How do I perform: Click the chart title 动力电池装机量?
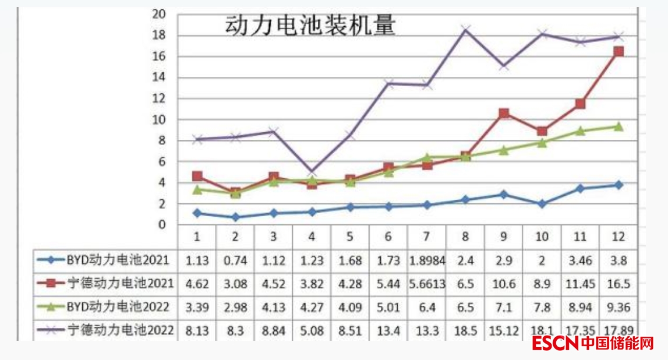pyautogui.click(x=310, y=26)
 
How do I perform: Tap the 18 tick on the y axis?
pyautogui.click(x=160, y=36)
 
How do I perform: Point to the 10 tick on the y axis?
pyautogui.click(x=160, y=120)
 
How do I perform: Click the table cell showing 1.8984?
pyautogui.click(x=427, y=260)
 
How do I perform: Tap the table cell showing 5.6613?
pyautogui.click(x=427, y=284)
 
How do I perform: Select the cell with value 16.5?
pyautogui.click(x=618, y=284)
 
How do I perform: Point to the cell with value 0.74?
pyautogui.click(x=235, y=260)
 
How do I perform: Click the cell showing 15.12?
pyautogui.click(x=503, y=330)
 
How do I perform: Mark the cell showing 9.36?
pyautogui.click(x=618, y=307)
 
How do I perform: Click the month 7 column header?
pyautogui.click(x=427, y=237)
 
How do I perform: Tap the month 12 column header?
pyautogui.click(x=618, y=237)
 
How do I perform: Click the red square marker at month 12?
pyautogui.click(x=618, y=52)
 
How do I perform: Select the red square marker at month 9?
pyautogui.click(x=504, y=114)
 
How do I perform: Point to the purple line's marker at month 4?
pyautogui.click(x=312, y=172)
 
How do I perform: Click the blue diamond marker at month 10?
pyautogui.click(x=542, y=204)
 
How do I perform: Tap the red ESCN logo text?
pyautogui.click(x=555, y=344)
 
